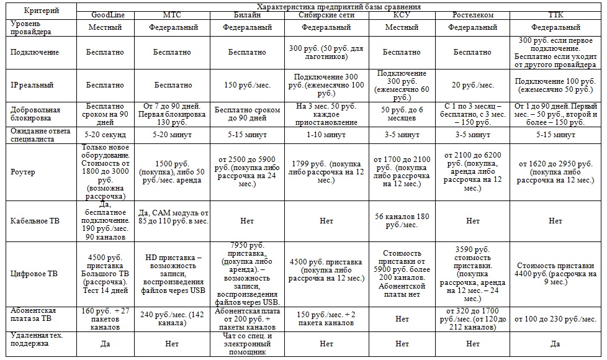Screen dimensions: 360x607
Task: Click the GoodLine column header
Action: (x=106, y=15)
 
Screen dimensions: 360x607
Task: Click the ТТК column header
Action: (x=556, y=15)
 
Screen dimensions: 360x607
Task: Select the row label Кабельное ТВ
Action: (x=35, y=220)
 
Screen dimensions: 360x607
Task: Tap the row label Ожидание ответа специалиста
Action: (x=38, y=134)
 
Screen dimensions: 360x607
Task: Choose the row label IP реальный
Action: (x=30, y=84)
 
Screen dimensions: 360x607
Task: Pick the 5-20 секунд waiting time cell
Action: (x=106, y=134)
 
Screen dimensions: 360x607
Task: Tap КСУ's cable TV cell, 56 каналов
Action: (x=402, y=220)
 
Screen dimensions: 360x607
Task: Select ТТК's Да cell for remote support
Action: (x=556, y=343)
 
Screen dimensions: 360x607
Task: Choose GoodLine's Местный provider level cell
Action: (x=106, y=27)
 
